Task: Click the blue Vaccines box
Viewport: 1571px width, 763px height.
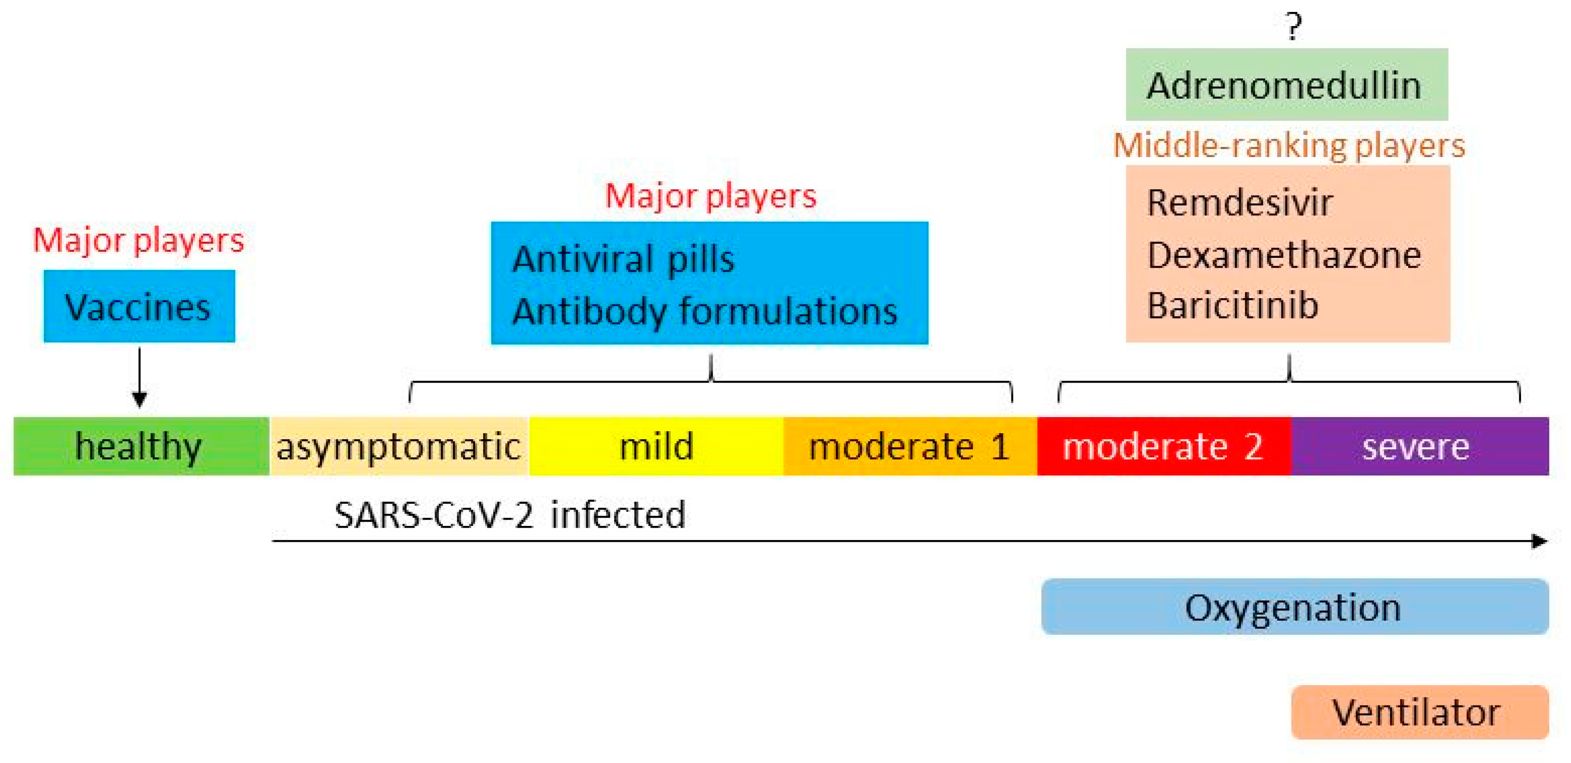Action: (139, 306)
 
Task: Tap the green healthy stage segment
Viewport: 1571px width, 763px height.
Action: (140, 446)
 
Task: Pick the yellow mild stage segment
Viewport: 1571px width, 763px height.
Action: (656, 446)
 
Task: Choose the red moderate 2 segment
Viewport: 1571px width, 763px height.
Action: (1164, 446)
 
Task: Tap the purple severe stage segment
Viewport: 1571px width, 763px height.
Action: (1419, 446)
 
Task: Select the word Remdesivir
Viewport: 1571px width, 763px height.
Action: (1239, 203)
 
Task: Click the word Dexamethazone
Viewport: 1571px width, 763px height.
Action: (1284, 255)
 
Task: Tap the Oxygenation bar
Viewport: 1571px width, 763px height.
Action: (1294, 607)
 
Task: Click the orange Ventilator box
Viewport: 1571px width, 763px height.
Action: (1419, 712)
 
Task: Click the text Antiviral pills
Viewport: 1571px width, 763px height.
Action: (623, 259)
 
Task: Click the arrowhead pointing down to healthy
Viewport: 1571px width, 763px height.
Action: (140, 399)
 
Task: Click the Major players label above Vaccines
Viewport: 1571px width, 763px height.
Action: (138, 240)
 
